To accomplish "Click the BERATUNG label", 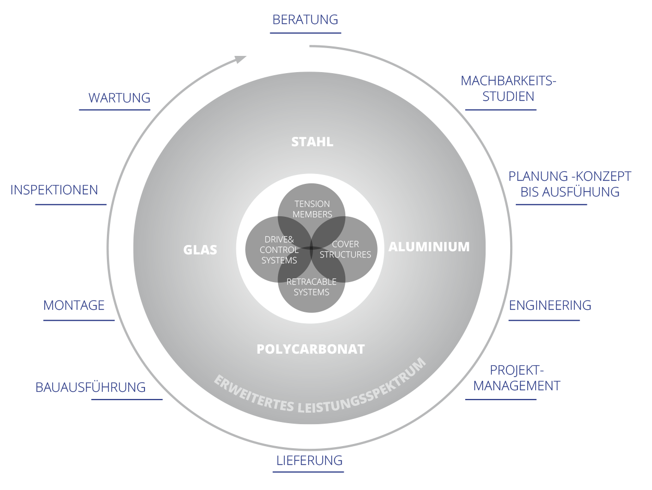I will tap(305, 20).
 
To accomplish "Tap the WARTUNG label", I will tap(119, 98).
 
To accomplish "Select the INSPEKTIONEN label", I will tap(55, 190).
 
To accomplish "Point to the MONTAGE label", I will tap(74, 306).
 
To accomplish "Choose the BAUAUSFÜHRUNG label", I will tap(90, 388).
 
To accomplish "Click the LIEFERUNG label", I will tap(309, 461).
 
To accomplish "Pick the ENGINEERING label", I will tap(550, 306).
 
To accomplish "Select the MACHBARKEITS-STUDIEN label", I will tap(508, 89).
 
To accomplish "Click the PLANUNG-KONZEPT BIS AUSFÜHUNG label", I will tap(570, 184).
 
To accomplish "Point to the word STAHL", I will tap(312, 142).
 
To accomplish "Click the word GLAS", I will tap(200, 250).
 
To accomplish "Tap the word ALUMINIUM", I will tap(429, 247).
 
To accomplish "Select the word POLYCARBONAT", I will tap(310, 349).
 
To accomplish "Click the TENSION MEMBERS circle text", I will tap(312, 209).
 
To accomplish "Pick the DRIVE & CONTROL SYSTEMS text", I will tap(279, 250).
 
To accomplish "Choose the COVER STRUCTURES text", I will tap(345, 250).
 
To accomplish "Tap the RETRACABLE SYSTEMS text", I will tap(311, 287).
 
